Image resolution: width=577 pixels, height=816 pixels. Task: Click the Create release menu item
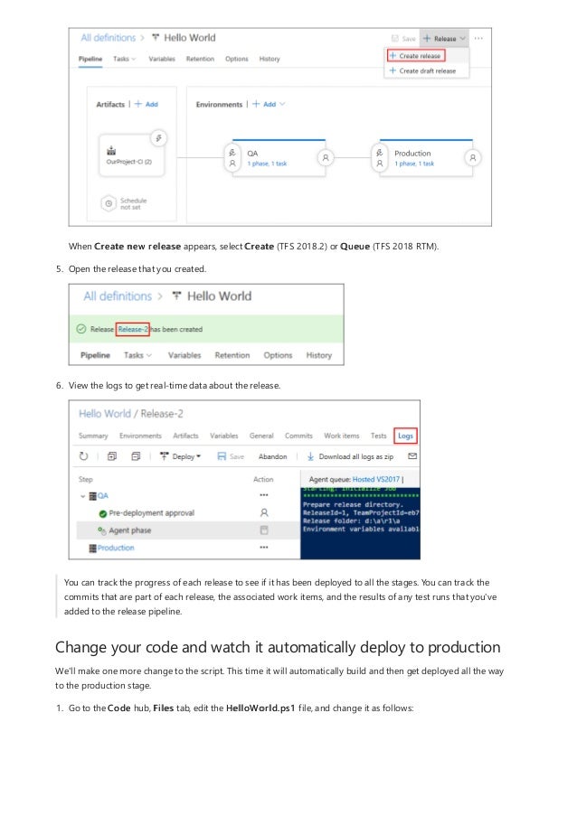tap(419, 56)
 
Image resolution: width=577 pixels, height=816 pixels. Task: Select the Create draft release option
tap(426, 70)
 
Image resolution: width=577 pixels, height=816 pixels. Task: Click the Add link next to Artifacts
tap(147, 104)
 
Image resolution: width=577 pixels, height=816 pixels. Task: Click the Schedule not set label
tap(132, 204)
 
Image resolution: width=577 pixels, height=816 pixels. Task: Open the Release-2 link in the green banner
tap(132, 330)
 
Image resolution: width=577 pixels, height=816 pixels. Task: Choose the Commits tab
tap(298, 436)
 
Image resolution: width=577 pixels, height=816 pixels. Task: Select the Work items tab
tap(342, 436)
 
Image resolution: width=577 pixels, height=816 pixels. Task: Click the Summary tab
tap(93, 436)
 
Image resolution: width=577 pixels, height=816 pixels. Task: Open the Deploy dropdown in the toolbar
tap(181, 457)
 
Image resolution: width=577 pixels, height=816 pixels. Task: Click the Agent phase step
tap(129, 530)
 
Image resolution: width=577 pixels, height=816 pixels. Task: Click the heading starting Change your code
tap(278, 648)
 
